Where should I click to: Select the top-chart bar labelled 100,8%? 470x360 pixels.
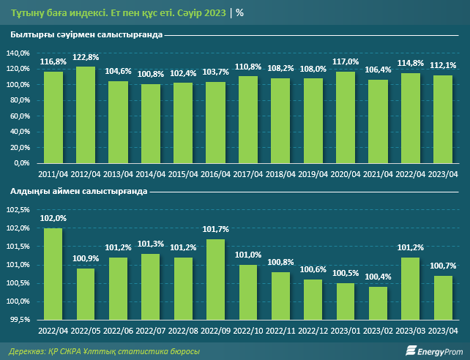151,124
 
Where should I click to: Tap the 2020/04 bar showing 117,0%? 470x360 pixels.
346,118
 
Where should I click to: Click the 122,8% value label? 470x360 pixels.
86,57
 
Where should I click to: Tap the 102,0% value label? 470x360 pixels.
53,218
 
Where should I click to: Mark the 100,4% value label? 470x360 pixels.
378,277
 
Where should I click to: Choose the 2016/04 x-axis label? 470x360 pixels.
216,174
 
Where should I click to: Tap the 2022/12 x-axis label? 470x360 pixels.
313,331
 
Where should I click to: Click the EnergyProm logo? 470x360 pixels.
433,350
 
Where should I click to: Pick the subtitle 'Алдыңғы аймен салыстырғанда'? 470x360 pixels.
79,191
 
